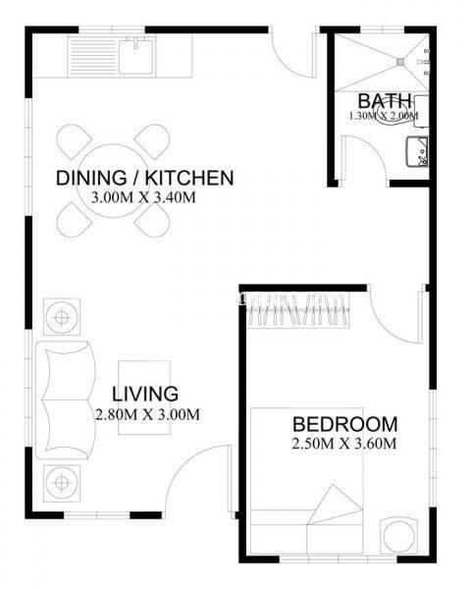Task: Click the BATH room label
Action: (x=385, y=101)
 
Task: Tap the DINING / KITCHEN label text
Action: (x=144, y=178)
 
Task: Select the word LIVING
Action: (x=145, y=394)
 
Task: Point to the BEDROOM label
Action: (x=344, y=424)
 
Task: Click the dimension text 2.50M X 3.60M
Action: (x=344, y=444)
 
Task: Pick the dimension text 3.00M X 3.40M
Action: (x=143, y=197)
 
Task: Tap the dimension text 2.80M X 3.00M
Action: (x=147, y=414)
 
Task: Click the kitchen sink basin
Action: (x=136, y=56)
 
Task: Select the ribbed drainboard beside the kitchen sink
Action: (x=93, y=57)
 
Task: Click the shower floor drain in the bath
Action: (x=400, y=61)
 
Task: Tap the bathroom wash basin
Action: (x=417, y=152)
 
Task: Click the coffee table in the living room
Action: (x=144, y=398)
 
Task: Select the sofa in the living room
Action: (x=66, y=401)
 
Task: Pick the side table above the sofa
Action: (x=62, y=317)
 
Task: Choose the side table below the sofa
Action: (x=62, y=483)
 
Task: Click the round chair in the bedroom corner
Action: (x=398, y=536)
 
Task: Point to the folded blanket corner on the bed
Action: (x=334, y=505)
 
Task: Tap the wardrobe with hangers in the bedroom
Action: (x=298, y=310)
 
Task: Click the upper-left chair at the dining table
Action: (x=74, y=141)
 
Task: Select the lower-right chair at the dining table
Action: (x=152, y=220)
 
